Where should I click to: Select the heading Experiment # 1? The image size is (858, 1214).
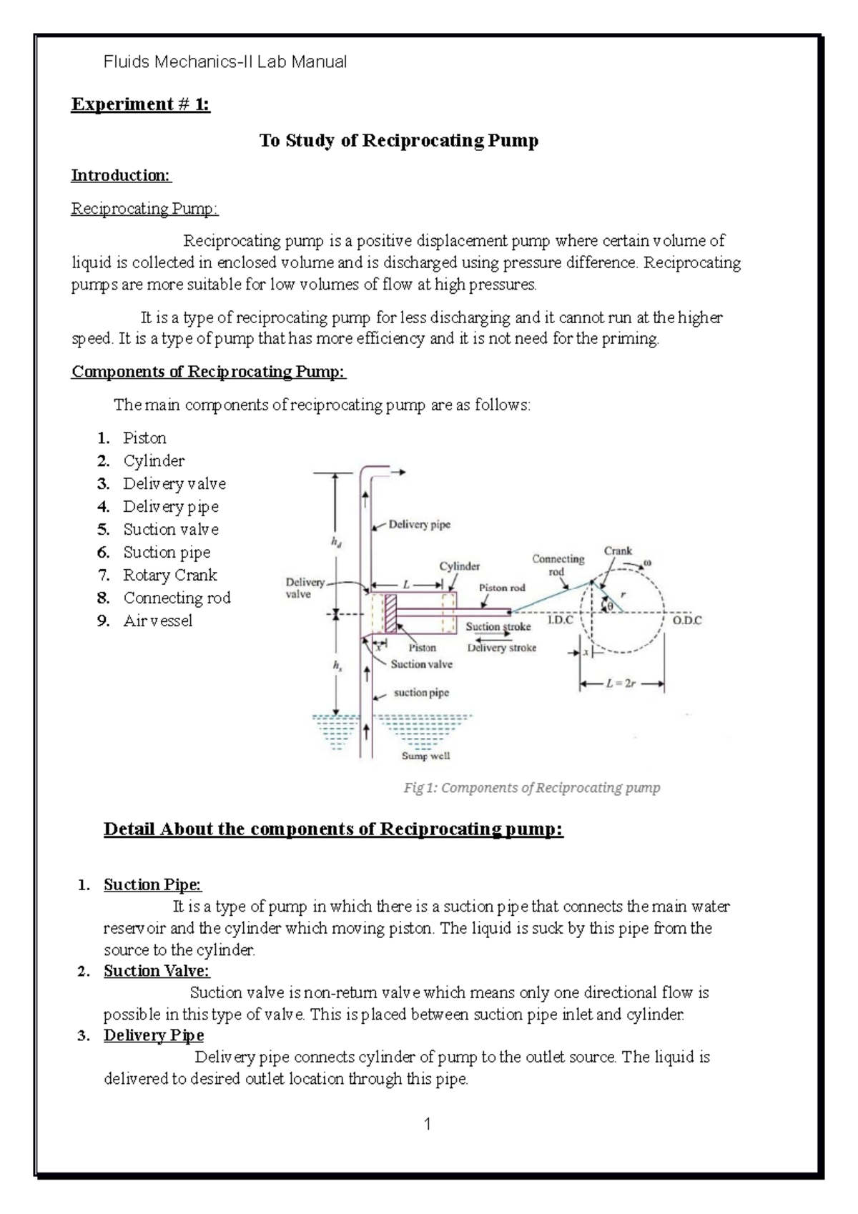tap(140, 104)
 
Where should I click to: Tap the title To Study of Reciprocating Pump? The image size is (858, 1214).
tap(398, 140)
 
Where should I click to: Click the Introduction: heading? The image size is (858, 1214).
tap(121, 175)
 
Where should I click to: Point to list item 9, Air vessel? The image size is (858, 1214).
tap(157, 621)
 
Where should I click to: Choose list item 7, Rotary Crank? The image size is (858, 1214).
tap(169, 575)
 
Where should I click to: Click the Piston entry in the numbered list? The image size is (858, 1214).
tap(144, 438)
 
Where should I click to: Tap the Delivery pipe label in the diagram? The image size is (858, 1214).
tap(419, 525)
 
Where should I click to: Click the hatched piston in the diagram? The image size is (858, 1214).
tap(390, 613)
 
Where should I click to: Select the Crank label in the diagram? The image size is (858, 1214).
tap(618, 551)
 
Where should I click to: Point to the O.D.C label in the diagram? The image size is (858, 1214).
tap(687, 621)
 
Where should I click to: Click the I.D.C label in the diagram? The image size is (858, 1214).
tap(561, 621)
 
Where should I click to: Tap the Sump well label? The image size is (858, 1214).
tap(425, 756)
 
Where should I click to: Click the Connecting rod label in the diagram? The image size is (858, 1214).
tap(558, 565)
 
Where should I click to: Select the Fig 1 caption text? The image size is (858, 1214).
tap(531, 788)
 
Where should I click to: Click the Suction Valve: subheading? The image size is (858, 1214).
tap(157, 971)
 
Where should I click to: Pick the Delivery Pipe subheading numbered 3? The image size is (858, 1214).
tap(154, 1035)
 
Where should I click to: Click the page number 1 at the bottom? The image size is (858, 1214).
tap(428, 1125)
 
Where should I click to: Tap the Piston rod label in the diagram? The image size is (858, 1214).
tap(502, 588)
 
